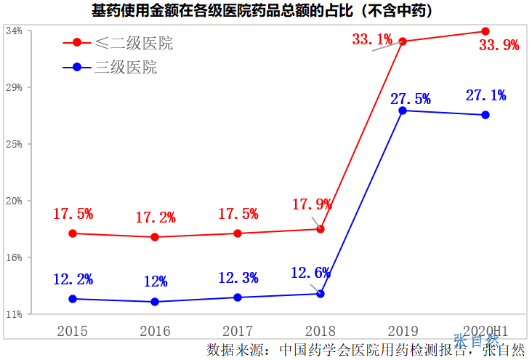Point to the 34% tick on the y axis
tap(14, 31)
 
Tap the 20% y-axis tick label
tap(14, 201)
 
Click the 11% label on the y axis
tap(14, 314)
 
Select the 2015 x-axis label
tap(72, 332)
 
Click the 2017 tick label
tap(238, 332)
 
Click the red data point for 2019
tap(403, 41)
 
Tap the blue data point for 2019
tap(403, 110)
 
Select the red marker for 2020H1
tap(485, 31)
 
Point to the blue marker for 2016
tap(155, 302)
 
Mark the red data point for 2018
tap(321, 229)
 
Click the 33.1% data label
tap(372, 39)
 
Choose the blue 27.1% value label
tap(485, 95)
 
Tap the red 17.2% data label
tap(156, 217)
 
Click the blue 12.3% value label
tap(238, 278)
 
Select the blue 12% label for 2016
tap(156, 281)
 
